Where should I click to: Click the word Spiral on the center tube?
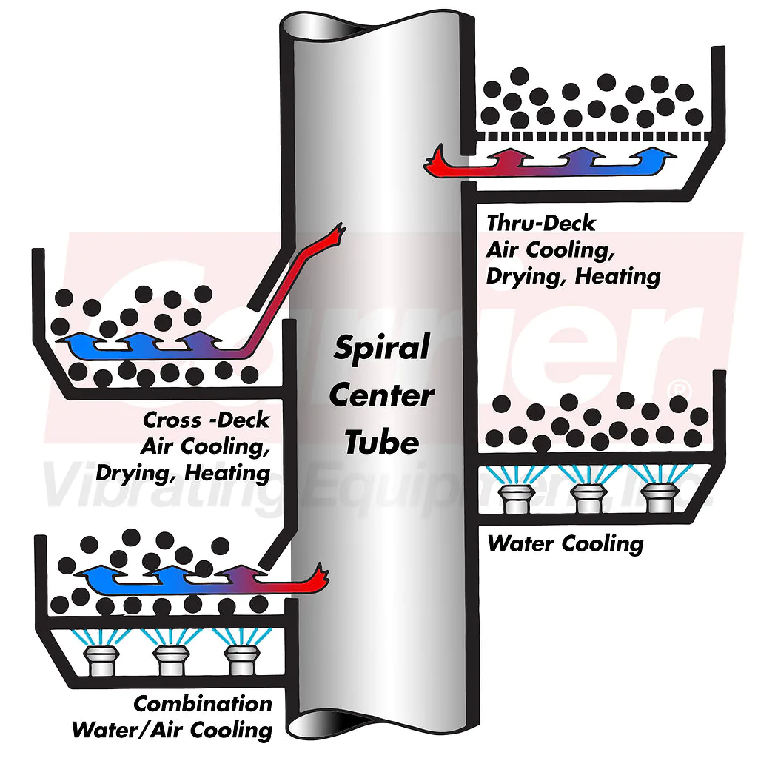point(382,348)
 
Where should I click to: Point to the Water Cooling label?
point(566,543)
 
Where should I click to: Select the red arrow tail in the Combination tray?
point(319,574)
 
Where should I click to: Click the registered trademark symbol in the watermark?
point(679,389)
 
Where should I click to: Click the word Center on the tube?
point(381,395)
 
